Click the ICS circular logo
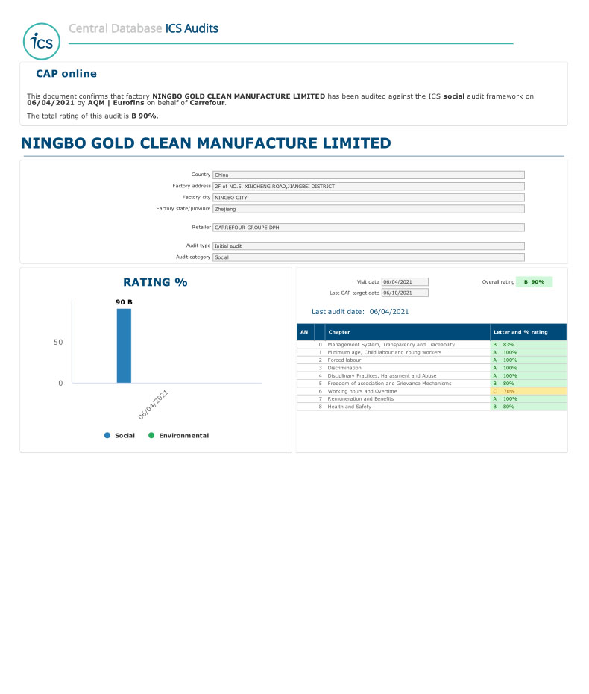coord(42,41)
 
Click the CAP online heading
coord(66,74)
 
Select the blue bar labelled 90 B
coord(124,346)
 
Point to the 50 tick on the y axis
coord(58,343)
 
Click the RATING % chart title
coord(155,282)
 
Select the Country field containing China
coord(368,175)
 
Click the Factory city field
coord(368,198)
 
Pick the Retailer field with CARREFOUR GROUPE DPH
coord(368,227)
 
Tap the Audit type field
coord(368,246)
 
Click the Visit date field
coord(405,281)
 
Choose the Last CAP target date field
coord(405,293)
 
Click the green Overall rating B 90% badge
coord(534,281)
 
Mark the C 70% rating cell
coord(528,391)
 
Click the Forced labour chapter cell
coord(344,360)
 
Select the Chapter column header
coord(339,331)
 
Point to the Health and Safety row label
coord(350,407)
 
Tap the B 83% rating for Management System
coord(528,344)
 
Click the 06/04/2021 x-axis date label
coord(154,405)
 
